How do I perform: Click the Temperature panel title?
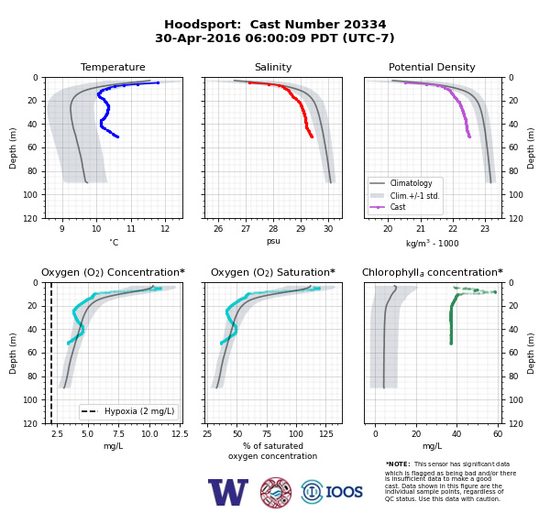coord(113,67)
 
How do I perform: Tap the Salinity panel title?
coord(273,67)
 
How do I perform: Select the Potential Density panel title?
coord(432,67)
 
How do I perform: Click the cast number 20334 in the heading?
coord(365,25)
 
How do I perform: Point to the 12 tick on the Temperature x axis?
coord(165,229)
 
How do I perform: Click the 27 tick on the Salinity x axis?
coord(246,229)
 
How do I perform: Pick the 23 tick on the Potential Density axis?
coord(485,229)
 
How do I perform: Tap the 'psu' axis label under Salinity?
coord(273,241)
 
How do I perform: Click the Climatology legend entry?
coord(411,183)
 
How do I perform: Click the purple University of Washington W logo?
coord(228,492)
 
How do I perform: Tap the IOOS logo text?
coord(344,492)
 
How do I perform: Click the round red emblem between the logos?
coord(276,492)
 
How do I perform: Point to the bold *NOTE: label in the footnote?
coord(398,464)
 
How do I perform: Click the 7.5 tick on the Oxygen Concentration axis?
coord(118,434)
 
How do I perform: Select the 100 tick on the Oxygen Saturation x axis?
coord(296,434)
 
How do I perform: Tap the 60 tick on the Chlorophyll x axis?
coord(498,434)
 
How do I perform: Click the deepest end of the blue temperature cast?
coord(117,136)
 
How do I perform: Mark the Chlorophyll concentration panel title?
coord(432,272)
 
